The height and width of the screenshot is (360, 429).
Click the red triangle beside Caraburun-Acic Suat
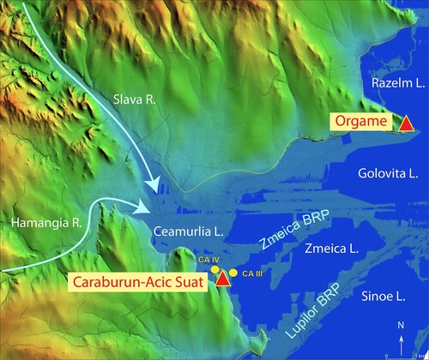pyautogui.click(x=223, y=278)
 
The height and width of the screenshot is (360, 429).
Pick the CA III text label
pyautogui.click(x=251, y=273)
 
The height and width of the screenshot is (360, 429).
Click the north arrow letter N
pyautogui.click(x=401, y=326)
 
